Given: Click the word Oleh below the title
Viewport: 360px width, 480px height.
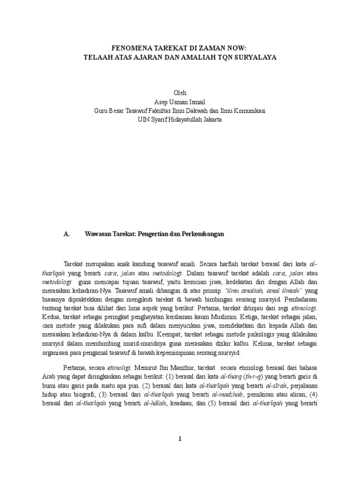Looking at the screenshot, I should pos(180,93).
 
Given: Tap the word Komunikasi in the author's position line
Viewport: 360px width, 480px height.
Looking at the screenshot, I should pos(248,111).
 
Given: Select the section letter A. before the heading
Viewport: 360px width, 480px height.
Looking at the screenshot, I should pos(66,234).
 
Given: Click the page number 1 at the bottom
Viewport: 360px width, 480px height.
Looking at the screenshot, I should pos(180,439).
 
